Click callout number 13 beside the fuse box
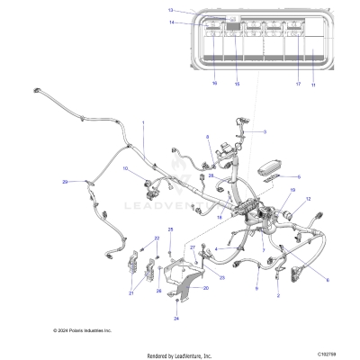[169, 9]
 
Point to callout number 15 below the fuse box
[238, 83]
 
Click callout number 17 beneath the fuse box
[297, 83]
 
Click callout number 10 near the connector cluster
[125, 168]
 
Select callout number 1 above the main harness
[142, 121]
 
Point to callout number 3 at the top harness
[264, 132]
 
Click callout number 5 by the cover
[299, 177]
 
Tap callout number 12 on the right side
[308, 198]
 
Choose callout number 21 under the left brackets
[130, 293]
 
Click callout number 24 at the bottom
[176, 319]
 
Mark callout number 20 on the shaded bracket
[206, 287]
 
